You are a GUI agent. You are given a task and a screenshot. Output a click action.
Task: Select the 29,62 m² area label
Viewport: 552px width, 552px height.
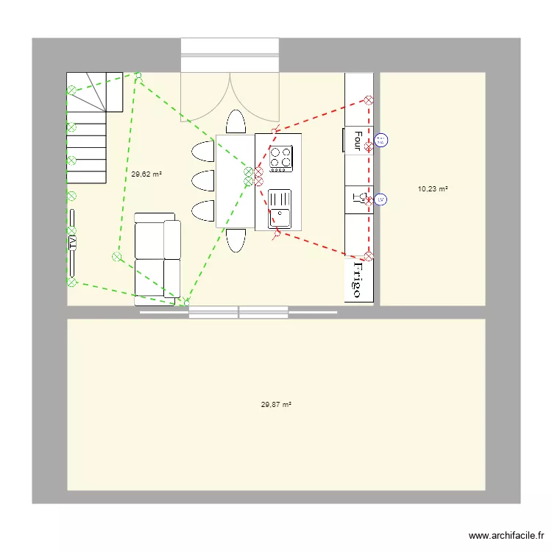tap(146, 174)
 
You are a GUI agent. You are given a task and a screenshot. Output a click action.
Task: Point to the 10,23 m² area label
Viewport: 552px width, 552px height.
tap(433, 189)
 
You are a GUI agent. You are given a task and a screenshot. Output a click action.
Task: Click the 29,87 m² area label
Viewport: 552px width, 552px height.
tap(276, 405)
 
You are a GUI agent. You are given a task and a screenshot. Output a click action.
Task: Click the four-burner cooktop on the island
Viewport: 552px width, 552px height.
tap(280, 158)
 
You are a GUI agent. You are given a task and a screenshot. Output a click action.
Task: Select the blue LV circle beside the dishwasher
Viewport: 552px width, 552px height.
tap(381, 199)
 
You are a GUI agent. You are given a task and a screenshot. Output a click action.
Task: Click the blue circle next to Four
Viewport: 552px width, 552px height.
tap(381, 140)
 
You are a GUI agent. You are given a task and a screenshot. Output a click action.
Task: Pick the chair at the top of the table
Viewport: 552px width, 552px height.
tap(236, 121)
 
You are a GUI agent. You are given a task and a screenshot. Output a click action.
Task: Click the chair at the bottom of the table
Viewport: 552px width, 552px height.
tap(236, 241)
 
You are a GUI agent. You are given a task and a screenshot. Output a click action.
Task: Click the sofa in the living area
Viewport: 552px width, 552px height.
tap(158, 258)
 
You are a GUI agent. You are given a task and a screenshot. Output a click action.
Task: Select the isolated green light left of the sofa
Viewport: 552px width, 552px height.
tap(116, 257)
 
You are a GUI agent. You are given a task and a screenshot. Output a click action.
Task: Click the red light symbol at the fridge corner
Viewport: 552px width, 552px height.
tap(369, 256)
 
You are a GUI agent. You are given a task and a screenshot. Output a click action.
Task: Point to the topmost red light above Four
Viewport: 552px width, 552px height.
tap(369, 100)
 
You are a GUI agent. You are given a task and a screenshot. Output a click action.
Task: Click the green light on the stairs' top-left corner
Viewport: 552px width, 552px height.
tap(71, 91)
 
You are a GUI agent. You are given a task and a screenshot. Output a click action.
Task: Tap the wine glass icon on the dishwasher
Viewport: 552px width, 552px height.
tap(357, 197)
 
